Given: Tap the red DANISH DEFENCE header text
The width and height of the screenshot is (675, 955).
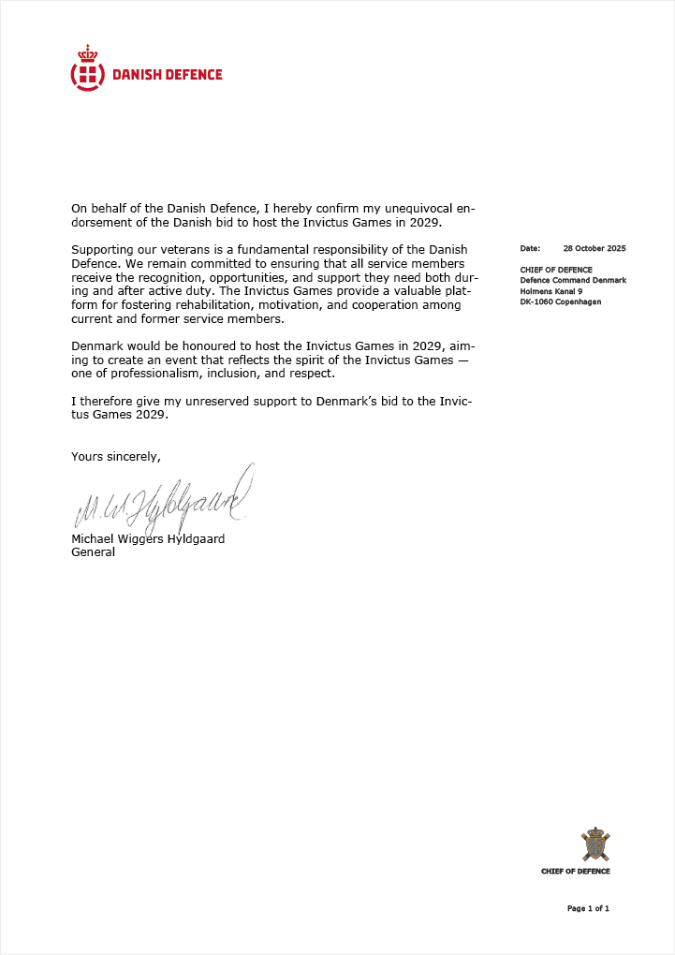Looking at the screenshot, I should [168, 75].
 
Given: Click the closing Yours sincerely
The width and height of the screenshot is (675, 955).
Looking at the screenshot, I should [116, 457].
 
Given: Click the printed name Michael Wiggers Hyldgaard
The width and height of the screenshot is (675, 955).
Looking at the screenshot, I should [148, 539].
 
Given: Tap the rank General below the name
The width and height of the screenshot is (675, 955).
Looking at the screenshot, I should [94, 552].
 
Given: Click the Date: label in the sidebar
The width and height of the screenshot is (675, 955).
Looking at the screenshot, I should [531, 249].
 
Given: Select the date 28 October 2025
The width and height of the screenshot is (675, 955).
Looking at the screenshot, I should [594, 249].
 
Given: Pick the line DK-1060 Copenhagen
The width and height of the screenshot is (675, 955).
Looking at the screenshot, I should [561, 301].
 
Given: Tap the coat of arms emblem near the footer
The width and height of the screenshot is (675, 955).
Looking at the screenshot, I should [594, 845].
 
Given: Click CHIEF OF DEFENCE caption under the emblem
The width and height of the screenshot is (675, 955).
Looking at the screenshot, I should [575, 871].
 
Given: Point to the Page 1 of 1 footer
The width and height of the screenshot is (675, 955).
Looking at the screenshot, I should [588, 908].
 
